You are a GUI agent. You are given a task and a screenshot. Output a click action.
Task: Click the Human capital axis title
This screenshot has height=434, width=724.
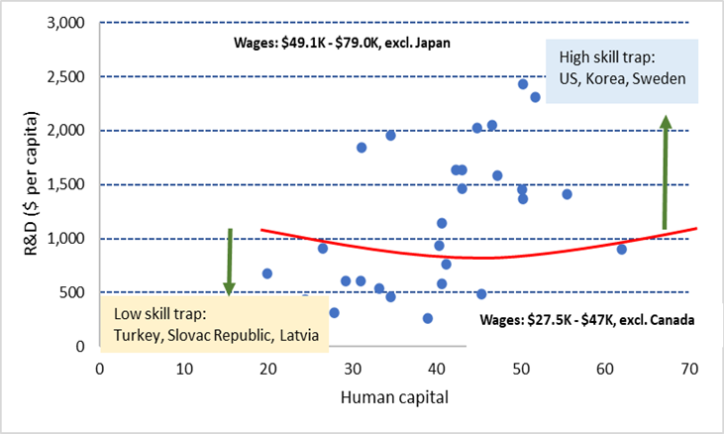(394, 397)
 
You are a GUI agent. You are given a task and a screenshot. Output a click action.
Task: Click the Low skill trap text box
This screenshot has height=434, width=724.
(215, 323)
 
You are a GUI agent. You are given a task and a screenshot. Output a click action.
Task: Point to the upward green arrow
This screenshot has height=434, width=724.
(666, 173)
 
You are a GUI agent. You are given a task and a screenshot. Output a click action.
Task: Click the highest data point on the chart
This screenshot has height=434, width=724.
(523, 84)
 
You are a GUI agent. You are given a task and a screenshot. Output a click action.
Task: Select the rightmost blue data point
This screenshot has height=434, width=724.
(621, 249)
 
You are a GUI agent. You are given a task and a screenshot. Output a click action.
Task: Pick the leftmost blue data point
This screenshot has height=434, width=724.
(266, 273)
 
